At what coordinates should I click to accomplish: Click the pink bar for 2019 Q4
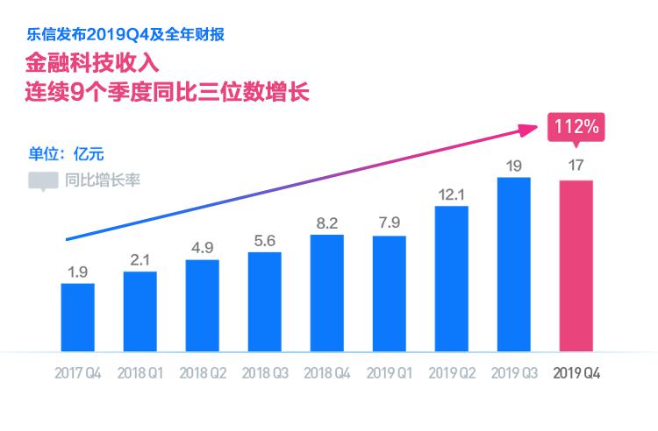coord(576,265)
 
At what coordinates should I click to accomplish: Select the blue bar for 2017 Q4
coord(77,317)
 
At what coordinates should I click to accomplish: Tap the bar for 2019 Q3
coord(514,264)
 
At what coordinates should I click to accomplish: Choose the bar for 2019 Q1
coord(389,293)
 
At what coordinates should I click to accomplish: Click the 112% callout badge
coord(575,127)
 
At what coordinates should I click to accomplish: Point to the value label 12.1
coord(451,194)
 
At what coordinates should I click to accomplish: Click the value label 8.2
coord(327,223)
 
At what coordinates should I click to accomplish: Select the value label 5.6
coord(264,240)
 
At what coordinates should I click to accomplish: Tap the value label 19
coord(514,165)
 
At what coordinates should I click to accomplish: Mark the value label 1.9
coord(77,272)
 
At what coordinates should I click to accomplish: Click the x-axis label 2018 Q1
coord(140,372)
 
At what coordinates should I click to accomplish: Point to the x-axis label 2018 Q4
coord(327,372)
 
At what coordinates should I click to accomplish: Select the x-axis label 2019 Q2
coord(452,372)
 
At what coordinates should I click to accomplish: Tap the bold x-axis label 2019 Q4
coord(576,372)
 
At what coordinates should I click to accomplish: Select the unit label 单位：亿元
coord(67,154)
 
